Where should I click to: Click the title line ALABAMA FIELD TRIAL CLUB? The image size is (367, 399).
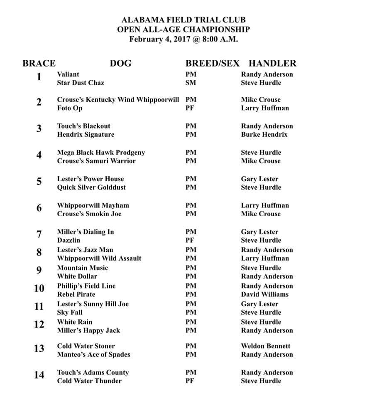click(x=183, y=20)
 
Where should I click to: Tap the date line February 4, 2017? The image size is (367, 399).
click(x=183, y=39)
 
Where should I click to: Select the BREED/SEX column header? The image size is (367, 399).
click(x=212, y=64)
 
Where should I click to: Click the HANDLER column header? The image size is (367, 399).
click(x=272, y=64)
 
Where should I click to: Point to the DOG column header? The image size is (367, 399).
click(x=120, y=64)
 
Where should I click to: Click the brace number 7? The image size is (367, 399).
click(x=39, y=234)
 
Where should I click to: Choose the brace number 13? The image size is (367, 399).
click(x=39, y=349)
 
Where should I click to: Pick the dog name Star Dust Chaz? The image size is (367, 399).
click(x=81, y=83)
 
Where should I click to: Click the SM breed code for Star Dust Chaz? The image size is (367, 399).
click(x=191, y=83)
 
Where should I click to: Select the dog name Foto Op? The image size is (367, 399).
click(x=70, y=108)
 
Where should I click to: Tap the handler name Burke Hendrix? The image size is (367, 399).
click(x=264, y=134)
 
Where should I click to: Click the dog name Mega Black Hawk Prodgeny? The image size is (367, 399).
click(x=101, y=153)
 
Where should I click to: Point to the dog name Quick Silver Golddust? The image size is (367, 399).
click(x=91, y=187)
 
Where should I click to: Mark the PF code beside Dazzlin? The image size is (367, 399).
click(x=191, y=240)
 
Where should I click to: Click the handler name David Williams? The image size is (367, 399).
click(x=264, y=294)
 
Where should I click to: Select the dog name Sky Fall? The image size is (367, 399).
click(x=70, y=312)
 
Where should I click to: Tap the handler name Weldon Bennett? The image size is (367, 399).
click(x=266, y=346)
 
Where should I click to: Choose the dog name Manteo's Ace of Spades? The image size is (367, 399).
click(x=93, y=355)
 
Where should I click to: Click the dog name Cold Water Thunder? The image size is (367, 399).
click(x=89, y=381)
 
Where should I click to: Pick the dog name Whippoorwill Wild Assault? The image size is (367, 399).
click(x=99, y=258)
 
